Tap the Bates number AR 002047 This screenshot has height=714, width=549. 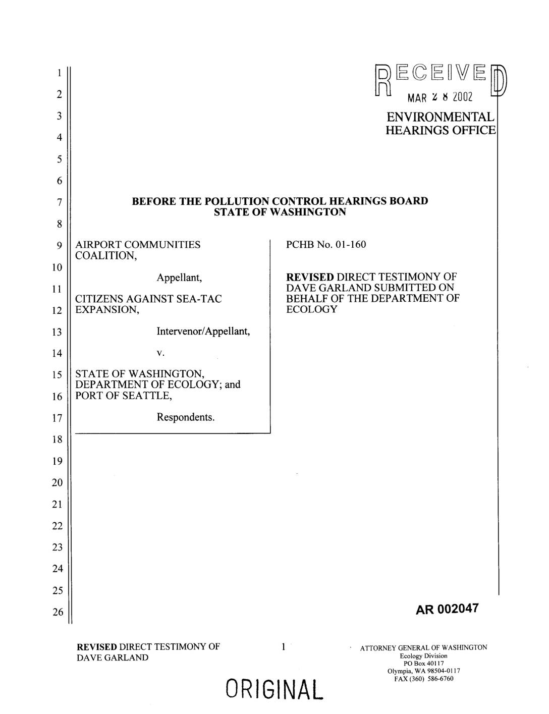446,609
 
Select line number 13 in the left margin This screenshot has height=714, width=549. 59,332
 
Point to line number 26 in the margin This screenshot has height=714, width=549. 59,612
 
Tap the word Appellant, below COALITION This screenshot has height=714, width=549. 179,278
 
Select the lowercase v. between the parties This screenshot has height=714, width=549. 160,353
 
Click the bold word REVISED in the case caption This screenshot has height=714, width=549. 310,277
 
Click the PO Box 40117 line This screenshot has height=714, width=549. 423,663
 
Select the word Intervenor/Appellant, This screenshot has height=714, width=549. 203,332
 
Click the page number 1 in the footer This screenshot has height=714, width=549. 284,646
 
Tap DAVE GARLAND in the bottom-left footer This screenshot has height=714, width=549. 113,657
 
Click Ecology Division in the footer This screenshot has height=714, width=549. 423,655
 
